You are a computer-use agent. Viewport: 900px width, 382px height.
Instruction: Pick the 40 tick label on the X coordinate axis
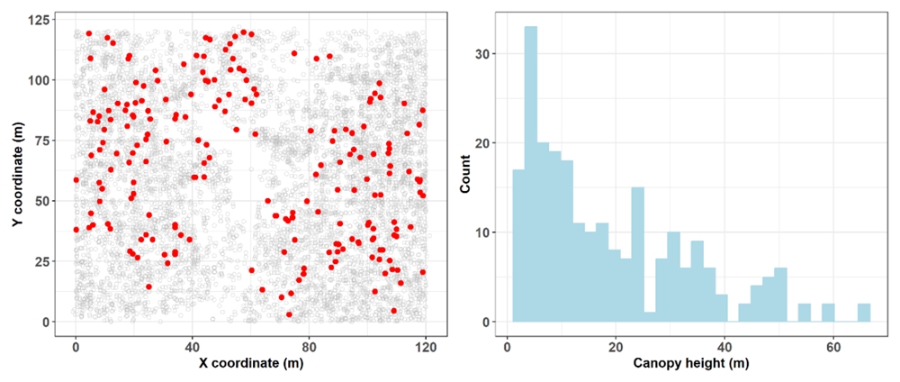(192, 345)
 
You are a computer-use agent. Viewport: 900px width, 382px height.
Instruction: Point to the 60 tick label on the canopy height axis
(832, 345)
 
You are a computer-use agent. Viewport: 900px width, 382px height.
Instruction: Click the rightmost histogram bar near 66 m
(864, 313)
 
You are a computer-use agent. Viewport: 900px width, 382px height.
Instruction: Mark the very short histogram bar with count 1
(650, 317)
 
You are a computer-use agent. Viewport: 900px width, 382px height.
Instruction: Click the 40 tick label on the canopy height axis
(724, 345)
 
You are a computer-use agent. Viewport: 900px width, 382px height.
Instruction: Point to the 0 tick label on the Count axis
(487, 322)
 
